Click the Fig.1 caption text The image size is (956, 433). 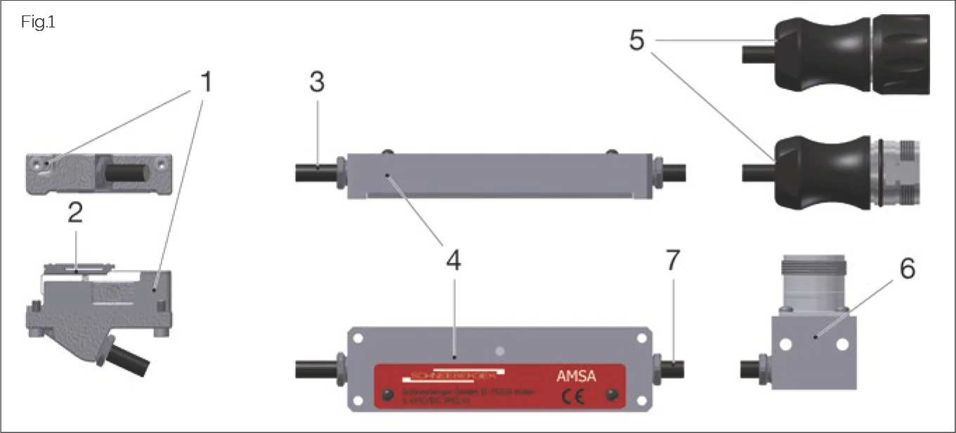38,22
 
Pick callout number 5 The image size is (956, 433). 636,40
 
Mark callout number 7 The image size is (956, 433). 673,260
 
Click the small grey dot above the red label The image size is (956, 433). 499,349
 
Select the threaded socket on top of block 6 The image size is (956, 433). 813,283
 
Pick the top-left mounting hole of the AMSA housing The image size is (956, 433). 358,338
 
